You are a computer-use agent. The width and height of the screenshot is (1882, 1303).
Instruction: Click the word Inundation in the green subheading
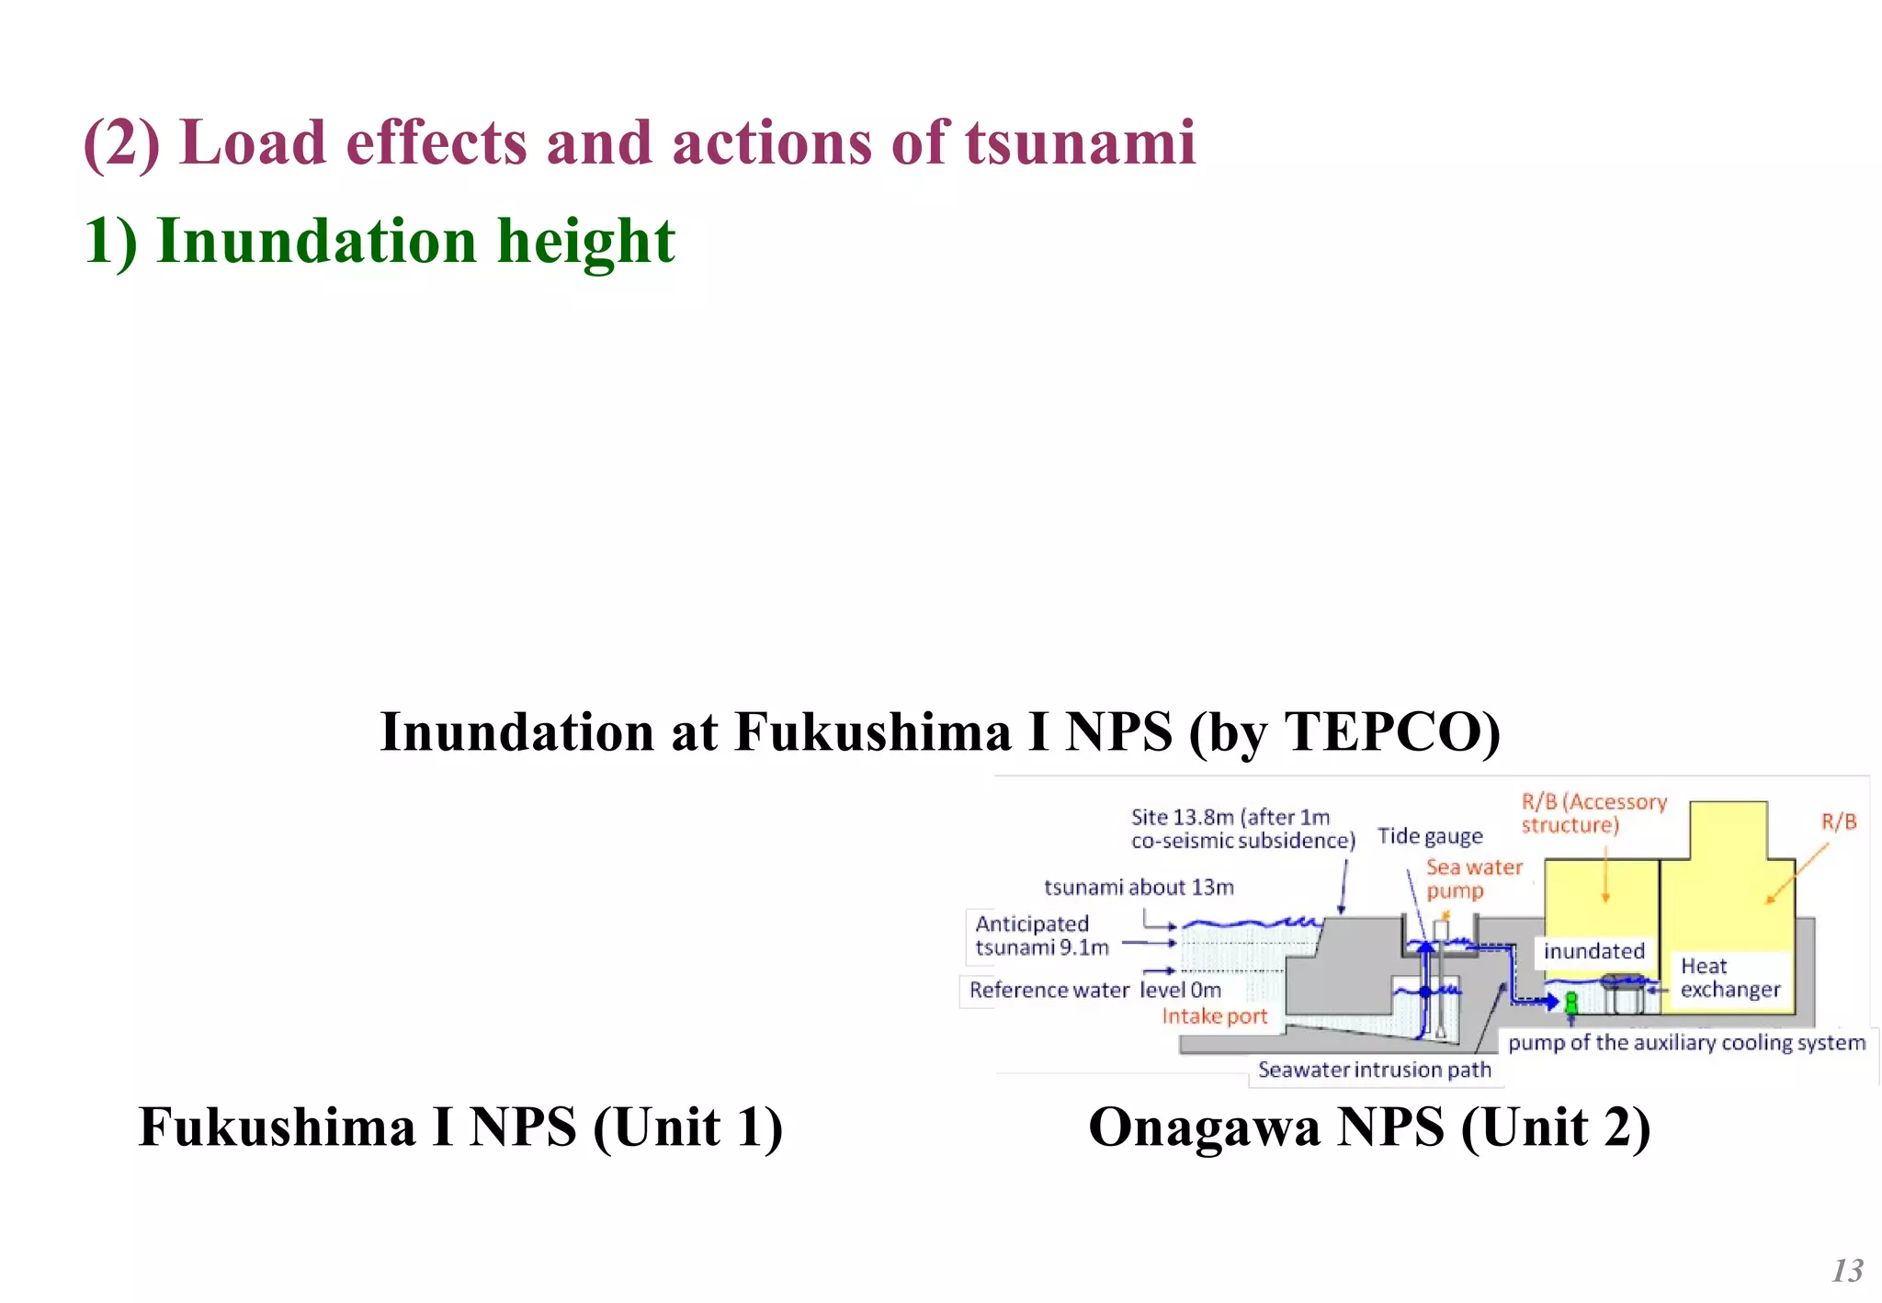click(x=316, y=242)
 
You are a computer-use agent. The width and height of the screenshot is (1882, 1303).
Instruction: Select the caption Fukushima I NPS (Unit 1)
click(x=460, y=1127)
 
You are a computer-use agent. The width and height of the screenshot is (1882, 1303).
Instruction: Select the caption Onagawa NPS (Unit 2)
click(x=1368, y=1127)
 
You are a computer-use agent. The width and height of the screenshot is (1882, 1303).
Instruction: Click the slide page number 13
click(x=1846, y=1270)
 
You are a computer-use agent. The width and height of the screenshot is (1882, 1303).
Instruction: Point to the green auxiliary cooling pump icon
click(x=1571, y=1002)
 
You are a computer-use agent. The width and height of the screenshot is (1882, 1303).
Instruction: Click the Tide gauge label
click(x=1430, y=836)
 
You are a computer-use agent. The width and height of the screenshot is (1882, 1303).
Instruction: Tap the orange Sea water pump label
click(x=1473, y=878)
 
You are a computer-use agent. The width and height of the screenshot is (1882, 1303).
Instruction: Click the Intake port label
click(x=1214, y=1016)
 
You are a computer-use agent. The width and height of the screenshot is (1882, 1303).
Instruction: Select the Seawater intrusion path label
click(x=1374, y=1070)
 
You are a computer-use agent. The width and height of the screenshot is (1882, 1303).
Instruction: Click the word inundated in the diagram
click(x=1593, y=951)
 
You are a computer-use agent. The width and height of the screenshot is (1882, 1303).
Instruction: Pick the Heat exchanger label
click(x=1729, y=978)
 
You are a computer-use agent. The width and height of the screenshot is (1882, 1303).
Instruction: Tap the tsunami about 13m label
click(x=1139, y=888)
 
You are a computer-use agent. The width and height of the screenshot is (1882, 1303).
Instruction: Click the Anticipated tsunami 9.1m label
click(x=1041, y=935)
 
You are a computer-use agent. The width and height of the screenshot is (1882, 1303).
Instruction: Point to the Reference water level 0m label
click(x=1094, y=991)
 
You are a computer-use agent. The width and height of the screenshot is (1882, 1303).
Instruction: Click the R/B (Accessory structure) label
click(x=1593, y=813)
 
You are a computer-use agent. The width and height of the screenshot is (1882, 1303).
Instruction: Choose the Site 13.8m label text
click(x=1241, y=829)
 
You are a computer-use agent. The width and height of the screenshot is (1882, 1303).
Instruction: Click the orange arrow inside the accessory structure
click(x=1605, y=873)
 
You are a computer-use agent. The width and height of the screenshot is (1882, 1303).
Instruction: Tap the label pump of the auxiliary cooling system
click(x=1686, y=1043)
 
